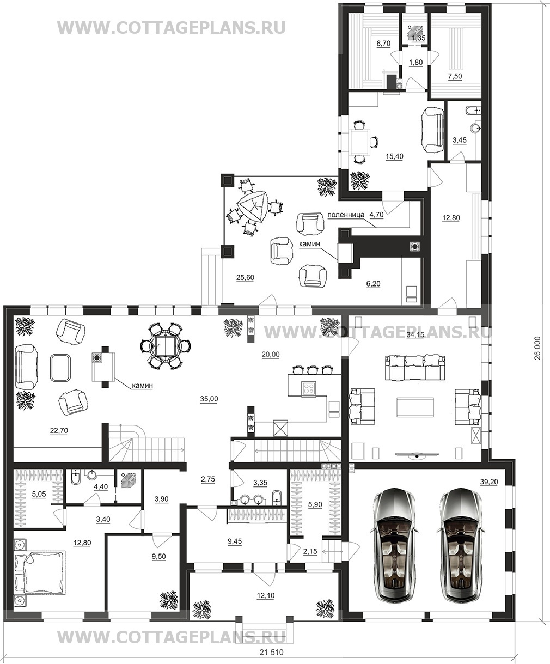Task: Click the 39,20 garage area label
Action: click(x=489, y=482)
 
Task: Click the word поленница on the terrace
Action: click(x=346, y=215)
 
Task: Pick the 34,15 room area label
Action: click(x=415, y=334)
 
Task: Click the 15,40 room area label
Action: click(x=394, y=156)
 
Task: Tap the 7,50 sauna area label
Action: click(x=455, y=76)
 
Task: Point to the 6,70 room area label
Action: click(x=383, y=44)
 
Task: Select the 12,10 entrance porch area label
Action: click(x=265, y=595)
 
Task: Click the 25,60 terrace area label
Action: click(x=245, y=278)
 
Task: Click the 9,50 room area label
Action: click(x=158, y=556)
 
